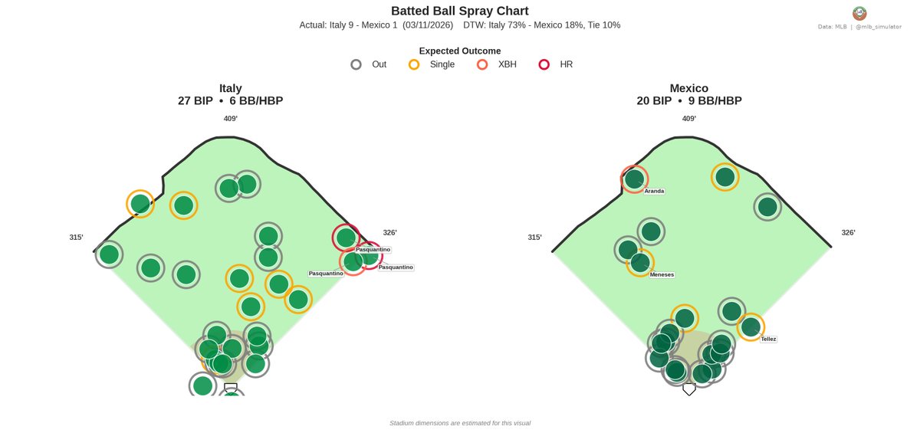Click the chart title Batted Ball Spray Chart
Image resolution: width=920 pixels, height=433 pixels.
[x=459, y=11]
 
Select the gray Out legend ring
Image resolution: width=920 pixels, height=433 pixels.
[x=356, y=64]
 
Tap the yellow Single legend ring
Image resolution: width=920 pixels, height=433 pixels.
[x=414, y=64]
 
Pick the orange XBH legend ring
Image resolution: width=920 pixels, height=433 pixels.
[x=482, y=64]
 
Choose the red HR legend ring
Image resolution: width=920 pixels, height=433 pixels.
[x=544, y=64]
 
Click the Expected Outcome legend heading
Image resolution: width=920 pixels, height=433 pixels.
[x=459, y=51]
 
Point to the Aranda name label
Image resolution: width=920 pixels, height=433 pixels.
[x=654, y=191]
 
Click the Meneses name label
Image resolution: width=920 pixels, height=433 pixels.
[x=662, y=274]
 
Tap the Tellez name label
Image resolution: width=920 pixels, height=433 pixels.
[x=768, y=339]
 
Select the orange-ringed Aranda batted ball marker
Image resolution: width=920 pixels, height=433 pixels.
[x=634, y=179]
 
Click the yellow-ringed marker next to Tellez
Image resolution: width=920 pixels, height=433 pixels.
[x=751, y=326]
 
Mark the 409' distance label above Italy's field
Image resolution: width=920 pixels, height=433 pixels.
[x=230, y=119]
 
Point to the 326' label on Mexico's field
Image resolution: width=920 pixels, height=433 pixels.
[x=848, y=233]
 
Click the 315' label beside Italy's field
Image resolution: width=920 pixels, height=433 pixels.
[x=76, y=238]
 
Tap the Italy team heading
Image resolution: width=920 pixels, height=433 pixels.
[x=230, y=88]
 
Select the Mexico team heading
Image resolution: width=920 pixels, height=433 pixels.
[x=688, y=88]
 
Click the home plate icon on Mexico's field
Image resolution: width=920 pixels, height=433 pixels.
[x=688, y=389]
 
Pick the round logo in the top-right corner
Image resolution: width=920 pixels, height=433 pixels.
[x=859, y=13]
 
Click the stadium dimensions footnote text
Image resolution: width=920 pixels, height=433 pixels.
[x=459, y=423]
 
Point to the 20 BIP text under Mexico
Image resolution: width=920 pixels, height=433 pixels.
[x=653, y=100]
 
